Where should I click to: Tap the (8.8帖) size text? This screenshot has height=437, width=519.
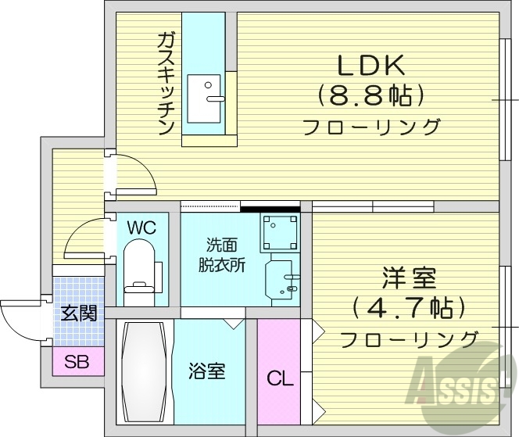[x=370, y=95]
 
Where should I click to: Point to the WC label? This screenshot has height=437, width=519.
[x=141, y=227]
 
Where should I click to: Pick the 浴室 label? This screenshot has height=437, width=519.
[x=208, y=370]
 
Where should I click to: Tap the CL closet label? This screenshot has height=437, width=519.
[x=279, y=379]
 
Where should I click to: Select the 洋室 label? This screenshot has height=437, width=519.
[x=409, y=278]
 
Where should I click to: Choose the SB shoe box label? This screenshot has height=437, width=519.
[x=77, y=361]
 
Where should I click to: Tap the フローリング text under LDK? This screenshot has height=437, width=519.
[x=370, y=126]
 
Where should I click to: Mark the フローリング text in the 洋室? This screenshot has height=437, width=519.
[x=409, y=338]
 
